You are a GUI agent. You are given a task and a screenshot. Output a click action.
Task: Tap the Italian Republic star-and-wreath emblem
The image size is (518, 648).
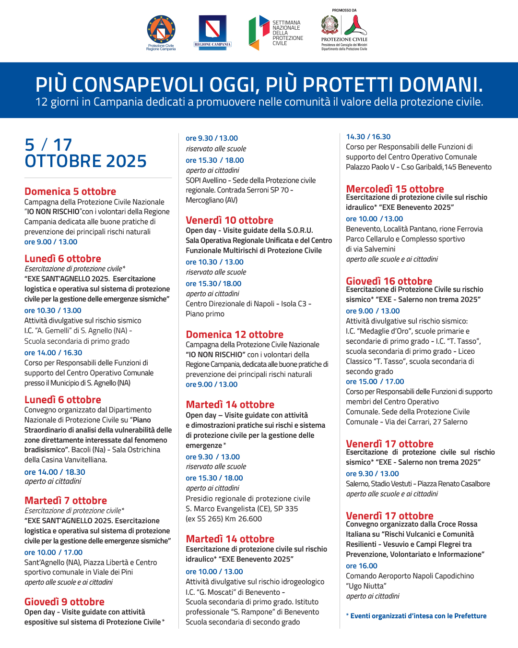tap(330, 24)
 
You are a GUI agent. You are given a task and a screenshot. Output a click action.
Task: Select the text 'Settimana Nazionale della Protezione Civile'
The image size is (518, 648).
tap(287, 33)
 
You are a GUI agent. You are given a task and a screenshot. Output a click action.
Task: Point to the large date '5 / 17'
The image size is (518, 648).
tap(48, 144)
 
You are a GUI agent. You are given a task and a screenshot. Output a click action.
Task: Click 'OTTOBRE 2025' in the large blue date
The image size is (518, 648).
tap(85, 161)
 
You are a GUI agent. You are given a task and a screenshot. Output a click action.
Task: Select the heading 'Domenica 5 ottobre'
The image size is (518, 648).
tap(70, 191)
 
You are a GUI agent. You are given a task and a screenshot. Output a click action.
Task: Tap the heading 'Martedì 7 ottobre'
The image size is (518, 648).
tap(66, 500)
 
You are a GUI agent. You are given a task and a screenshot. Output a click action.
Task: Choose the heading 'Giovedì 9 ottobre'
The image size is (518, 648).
tap(64, 601)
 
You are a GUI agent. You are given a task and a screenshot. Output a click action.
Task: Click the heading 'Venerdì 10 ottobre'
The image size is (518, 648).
tap(229, 220)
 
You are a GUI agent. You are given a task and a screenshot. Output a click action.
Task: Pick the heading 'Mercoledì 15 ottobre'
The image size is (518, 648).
tap(395, 189)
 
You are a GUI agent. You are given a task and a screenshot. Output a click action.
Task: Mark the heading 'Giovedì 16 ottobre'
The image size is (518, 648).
tap(389, 281)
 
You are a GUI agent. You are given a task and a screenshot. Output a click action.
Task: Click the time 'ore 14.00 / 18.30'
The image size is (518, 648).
tap(55, 472)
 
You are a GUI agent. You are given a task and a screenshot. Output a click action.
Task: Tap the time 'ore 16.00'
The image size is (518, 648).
tap(362, 565)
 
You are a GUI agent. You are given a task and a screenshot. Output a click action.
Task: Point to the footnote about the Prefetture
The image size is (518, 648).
tap(416, 616)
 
